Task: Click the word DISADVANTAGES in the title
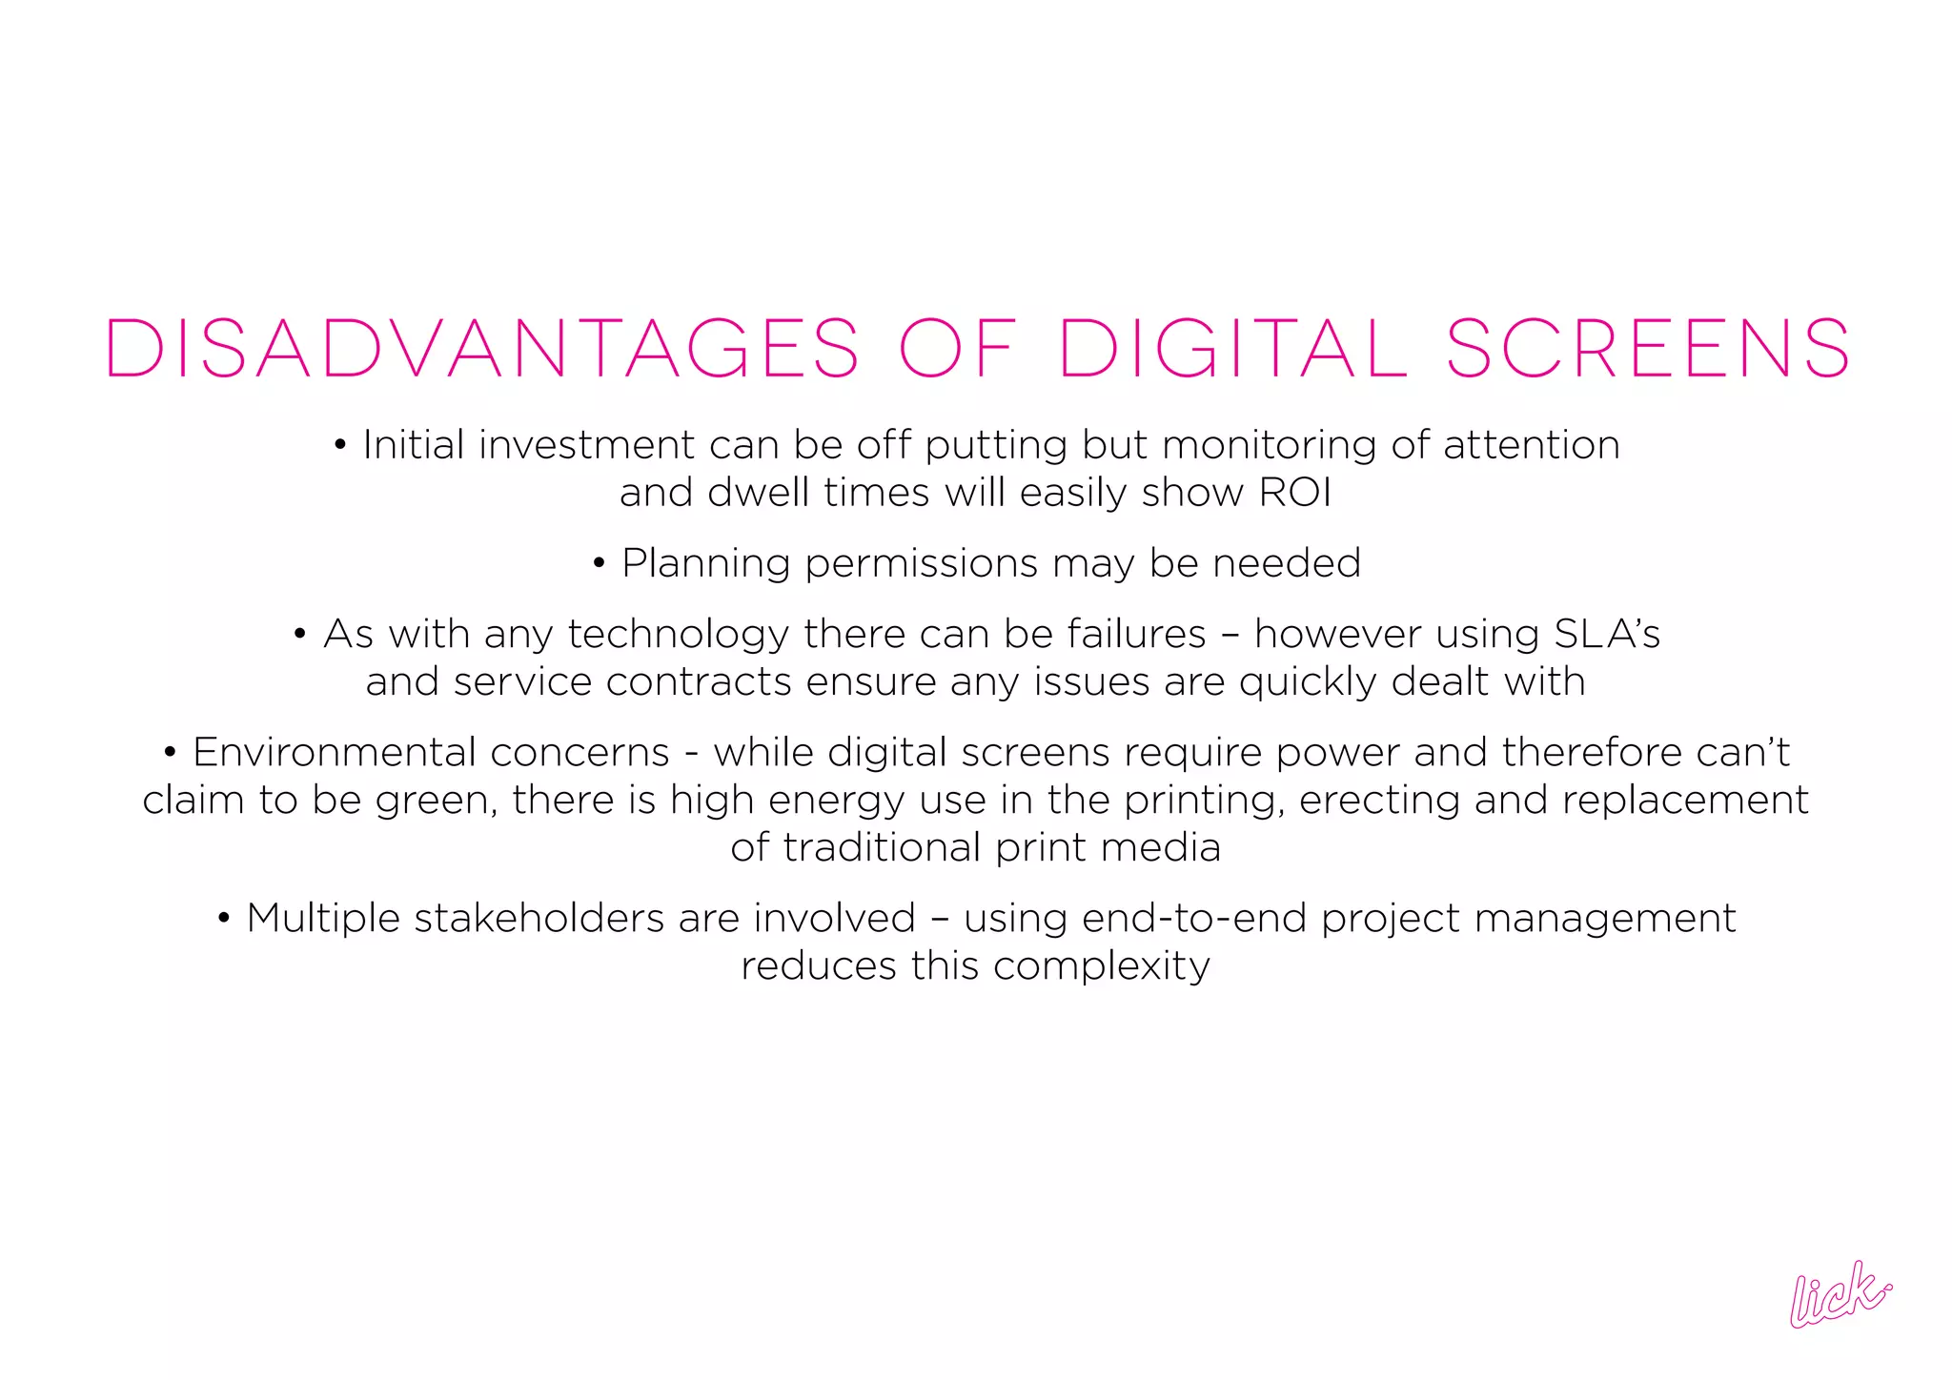coord(481,349)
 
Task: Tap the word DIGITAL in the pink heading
coord(1232,349)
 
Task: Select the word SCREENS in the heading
coord(1648,349)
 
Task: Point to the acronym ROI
coord(1295,493)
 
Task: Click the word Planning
coord(705,564)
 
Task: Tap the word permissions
coord(921,564)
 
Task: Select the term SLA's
coord(1607,635)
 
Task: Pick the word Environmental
coord(431,753)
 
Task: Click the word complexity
coord(1101,967)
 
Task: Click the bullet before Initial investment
coord(340,446)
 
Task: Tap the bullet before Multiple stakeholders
coord(224,920)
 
